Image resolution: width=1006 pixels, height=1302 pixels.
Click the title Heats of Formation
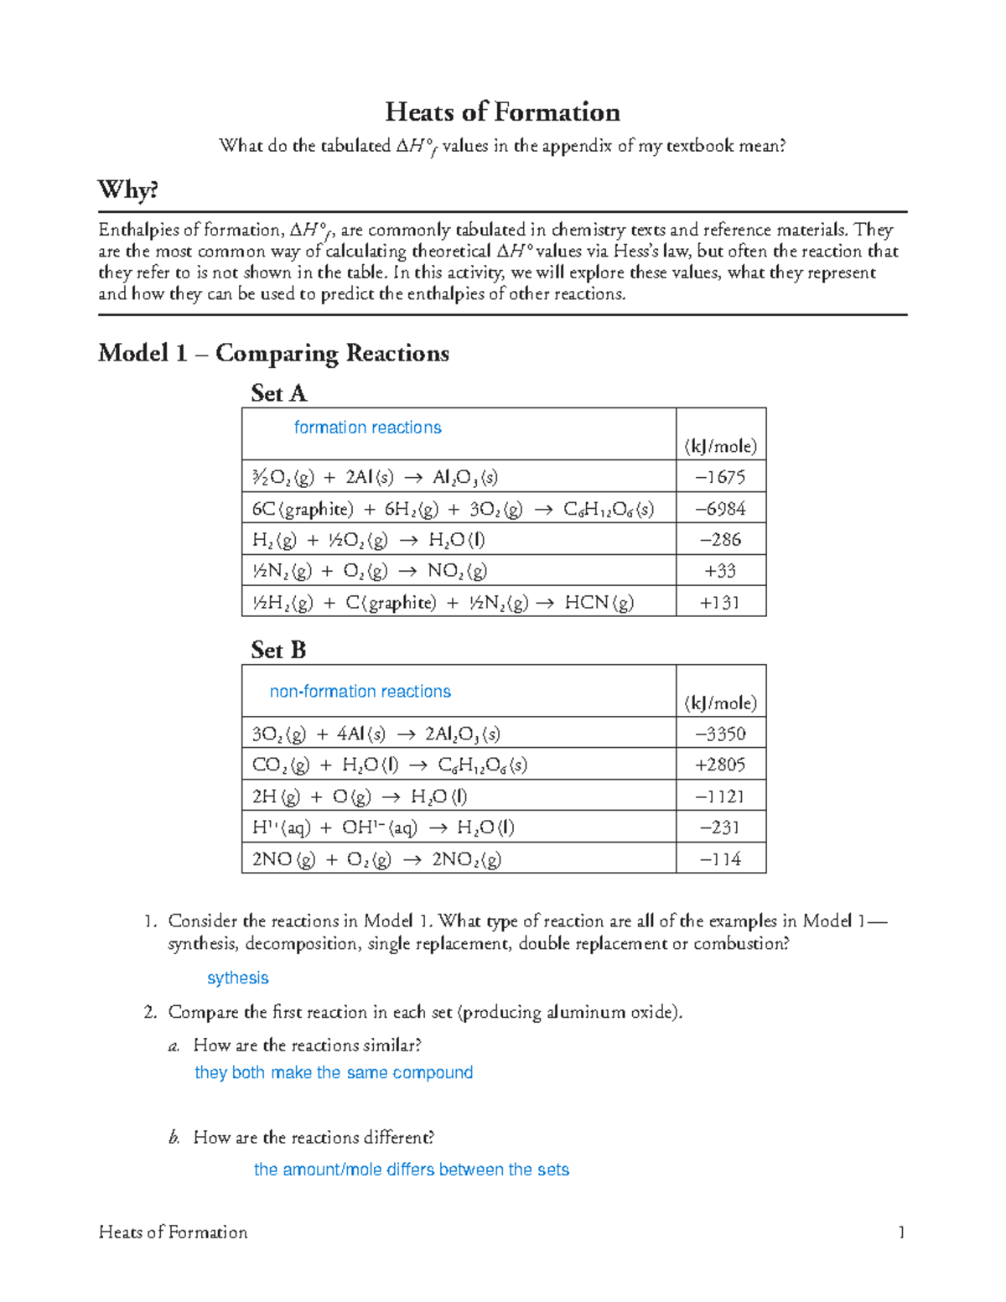502,112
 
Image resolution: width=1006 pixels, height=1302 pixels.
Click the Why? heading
127,190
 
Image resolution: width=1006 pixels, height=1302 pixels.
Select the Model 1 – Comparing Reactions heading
273,353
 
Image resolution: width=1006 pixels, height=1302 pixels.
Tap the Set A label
278,393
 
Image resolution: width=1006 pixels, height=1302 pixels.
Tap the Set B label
278,650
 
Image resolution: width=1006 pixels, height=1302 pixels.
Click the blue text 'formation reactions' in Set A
367,428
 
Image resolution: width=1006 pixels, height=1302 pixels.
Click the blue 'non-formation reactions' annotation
360,692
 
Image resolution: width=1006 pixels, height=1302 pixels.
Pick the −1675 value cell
720,477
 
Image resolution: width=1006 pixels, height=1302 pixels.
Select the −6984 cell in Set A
720,509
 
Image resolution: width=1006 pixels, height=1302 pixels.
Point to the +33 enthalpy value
720,571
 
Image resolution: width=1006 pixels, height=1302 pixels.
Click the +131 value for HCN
720,603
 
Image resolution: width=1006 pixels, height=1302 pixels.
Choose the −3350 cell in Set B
720,734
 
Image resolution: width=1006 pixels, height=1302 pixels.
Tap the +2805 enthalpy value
720,765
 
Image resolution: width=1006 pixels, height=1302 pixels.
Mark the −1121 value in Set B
720,796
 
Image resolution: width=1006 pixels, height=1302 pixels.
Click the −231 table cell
720,827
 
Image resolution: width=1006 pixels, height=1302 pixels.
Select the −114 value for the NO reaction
720,859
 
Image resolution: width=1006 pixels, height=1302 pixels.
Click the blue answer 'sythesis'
237,978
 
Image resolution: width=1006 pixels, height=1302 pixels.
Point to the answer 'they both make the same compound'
334,1073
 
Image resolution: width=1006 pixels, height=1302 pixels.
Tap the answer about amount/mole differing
411,1170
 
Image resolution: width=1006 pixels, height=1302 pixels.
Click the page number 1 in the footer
901,1232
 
